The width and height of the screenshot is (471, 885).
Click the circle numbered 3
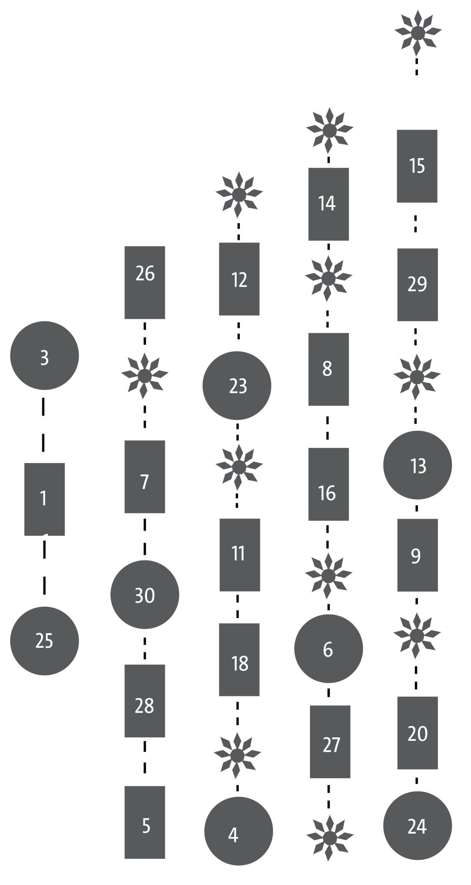coord(45,355)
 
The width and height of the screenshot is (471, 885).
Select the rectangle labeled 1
coord(45,499)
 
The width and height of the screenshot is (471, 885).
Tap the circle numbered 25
coord(45,641)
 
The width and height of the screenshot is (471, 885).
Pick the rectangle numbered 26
coord(145,282)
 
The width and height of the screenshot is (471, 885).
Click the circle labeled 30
coord(145,595)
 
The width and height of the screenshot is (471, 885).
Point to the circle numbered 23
coord(237,385)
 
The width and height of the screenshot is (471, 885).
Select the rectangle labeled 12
coord(239,279)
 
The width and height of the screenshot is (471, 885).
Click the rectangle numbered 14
coord(329,204)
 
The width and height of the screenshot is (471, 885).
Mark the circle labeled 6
coord(329,649)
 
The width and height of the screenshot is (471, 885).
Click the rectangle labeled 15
coord(417,166)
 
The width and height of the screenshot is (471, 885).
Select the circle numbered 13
coord(417,465)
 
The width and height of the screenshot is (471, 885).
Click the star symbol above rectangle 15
coord(418,33)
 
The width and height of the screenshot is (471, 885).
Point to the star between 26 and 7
coord(145,375)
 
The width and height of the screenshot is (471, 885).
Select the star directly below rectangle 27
coord(330,838)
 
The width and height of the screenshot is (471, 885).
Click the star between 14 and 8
coord(329,278)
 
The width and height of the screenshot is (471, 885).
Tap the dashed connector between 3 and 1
coord(43,425)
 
